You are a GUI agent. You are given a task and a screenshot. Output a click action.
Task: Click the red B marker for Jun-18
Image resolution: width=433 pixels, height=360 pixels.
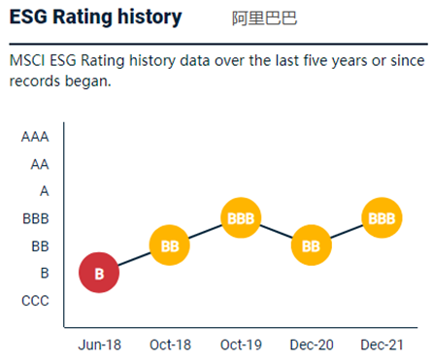tap(99, 273)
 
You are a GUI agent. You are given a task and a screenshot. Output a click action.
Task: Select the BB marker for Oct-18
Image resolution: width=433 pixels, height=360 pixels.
tap(170, 245)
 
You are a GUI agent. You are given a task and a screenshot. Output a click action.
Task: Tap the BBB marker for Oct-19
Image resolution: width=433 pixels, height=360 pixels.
tap(240, 218)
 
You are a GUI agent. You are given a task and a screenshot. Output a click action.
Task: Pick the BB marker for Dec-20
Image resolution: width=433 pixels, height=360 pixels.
tap(311, 245)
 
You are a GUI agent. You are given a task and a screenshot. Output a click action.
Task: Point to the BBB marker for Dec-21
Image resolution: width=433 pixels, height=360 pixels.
tap(382, 218)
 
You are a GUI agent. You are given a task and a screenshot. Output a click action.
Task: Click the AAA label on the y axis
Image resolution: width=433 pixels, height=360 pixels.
tap(35, 137)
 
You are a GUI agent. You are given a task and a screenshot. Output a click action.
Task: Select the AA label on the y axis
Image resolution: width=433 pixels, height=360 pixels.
tap(39, 164)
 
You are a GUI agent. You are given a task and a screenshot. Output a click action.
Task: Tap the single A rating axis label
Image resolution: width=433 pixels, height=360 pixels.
tap(44, 191)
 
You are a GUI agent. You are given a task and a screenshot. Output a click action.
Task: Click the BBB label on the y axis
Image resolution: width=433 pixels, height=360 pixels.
tap(35, 219)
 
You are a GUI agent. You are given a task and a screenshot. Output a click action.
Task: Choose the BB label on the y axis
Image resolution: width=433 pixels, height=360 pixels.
tap(40, 246)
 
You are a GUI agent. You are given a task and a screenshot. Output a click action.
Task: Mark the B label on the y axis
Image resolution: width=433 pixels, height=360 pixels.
tap(44, 274)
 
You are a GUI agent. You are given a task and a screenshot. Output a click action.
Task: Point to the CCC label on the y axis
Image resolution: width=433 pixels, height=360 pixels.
tap(35, 301)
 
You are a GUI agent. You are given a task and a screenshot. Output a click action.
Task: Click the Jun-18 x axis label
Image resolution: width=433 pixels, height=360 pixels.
tap(99, 344)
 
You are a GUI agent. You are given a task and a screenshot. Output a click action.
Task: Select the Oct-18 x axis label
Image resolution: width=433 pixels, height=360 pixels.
tap(170, 344)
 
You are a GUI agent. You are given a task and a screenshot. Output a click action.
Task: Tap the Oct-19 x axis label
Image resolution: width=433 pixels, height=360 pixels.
tap(240, 344)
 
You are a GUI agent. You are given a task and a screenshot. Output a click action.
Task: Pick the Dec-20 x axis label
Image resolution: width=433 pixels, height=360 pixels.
tap(311, 344)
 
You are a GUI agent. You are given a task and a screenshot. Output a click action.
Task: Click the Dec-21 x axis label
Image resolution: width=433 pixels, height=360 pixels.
tap(382, 344)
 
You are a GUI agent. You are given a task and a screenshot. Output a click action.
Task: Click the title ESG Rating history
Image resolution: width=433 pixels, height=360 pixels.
tap(95, 16)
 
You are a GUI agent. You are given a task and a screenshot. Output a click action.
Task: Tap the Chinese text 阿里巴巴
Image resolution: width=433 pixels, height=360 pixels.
tap(264, 18)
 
